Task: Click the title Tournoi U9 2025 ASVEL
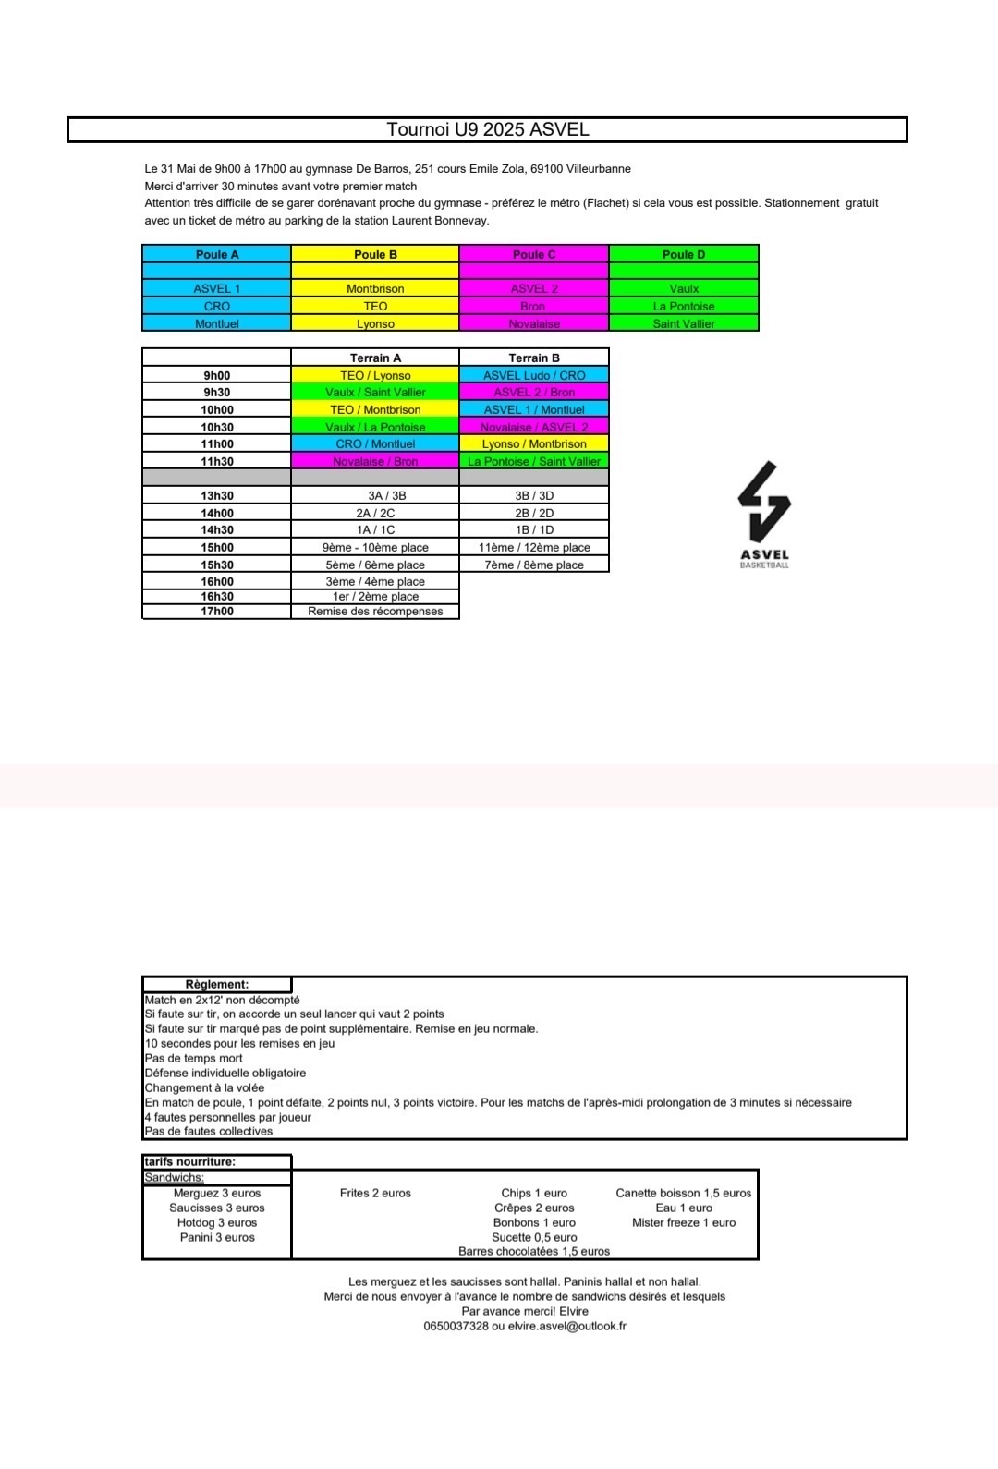point(488,129)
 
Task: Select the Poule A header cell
point(217,254)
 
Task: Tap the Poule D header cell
point(684,254)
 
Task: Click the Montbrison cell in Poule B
point(375,288)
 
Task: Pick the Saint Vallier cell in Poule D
point(684,323)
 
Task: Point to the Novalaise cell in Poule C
point(534,323)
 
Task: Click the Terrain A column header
point(375,358)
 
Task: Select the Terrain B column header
point(534,358)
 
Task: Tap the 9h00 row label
point(217,375)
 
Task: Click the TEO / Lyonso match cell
point(375,375)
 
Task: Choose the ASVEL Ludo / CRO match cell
point(534,375)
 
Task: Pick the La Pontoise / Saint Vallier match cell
point(534,461)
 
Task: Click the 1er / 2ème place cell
point(375,596)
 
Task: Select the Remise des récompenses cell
point(375,611)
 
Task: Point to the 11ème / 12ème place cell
point(534,547)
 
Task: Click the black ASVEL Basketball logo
point(764,514)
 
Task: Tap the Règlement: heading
point(217,984)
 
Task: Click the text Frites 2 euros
point(375,1193)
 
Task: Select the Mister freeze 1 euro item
point(684,1222)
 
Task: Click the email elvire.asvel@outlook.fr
point(567,1326)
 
